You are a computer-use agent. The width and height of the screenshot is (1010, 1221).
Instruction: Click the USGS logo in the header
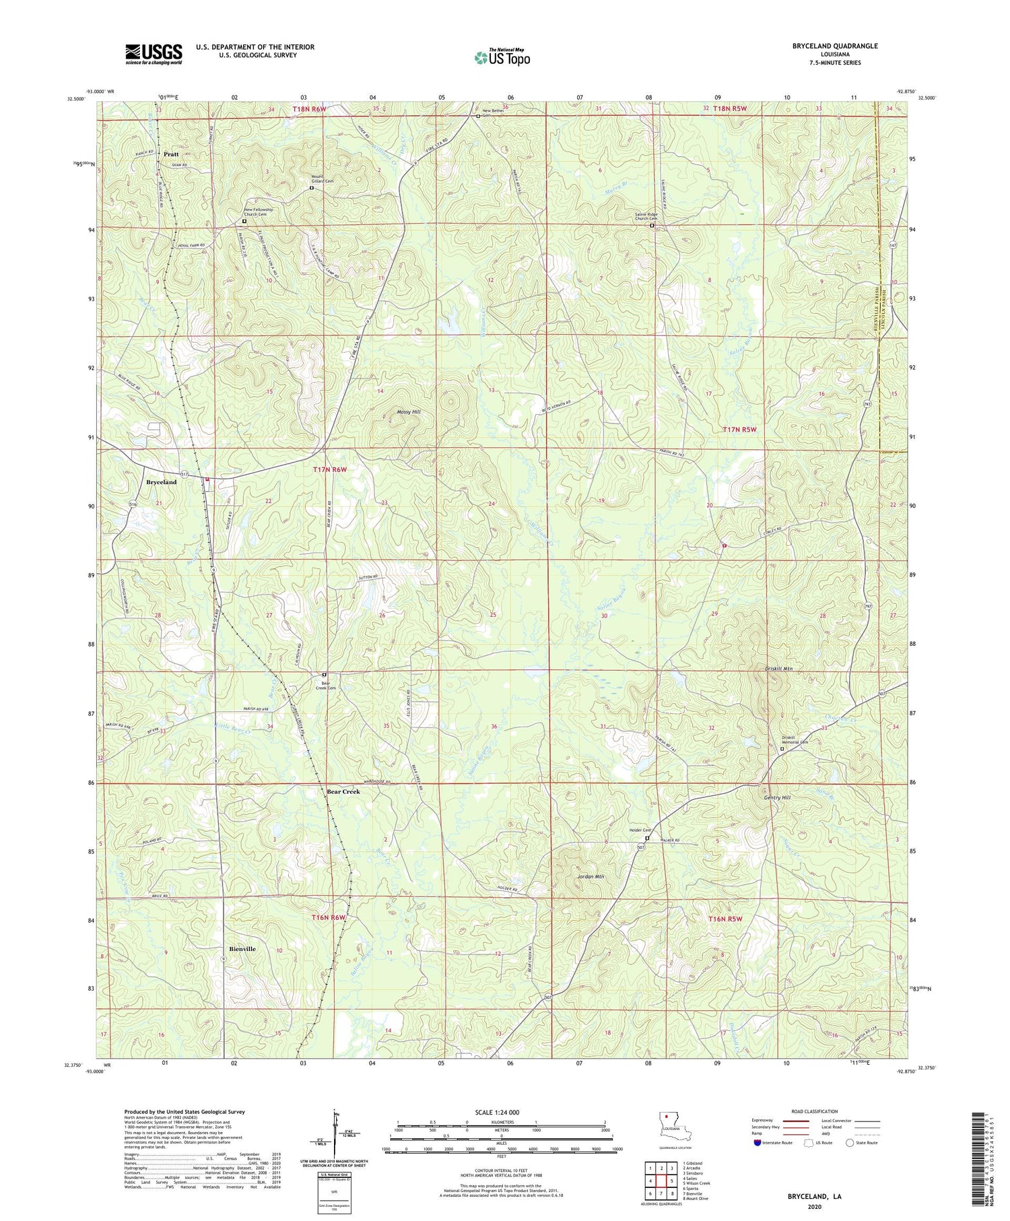(154, 54)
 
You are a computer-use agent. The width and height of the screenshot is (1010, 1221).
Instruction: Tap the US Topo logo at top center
(502, 57)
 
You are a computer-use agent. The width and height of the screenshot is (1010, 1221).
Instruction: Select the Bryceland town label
(162, 482)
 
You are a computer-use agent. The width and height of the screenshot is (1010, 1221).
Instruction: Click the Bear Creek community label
(343, 791)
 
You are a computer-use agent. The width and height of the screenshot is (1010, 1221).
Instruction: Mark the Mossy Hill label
(407, 411)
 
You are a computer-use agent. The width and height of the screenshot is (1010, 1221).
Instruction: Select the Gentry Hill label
(777, 797)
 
